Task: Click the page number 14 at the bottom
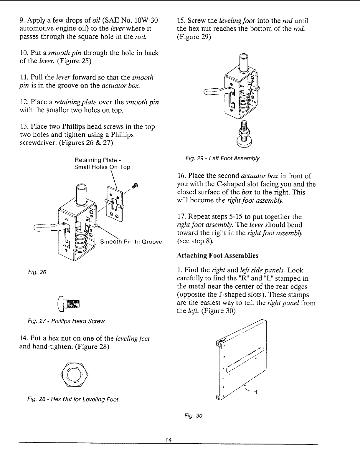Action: tap(169, 439)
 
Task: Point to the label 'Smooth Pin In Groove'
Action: tap(131, 242)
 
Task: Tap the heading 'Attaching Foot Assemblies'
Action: tap(217, 255)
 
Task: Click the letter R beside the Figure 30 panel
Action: tap(255, 392)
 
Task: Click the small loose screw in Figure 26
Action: tap(135, 185)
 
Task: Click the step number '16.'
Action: tap(181, 176)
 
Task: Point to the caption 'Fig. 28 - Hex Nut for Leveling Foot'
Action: tap(73, 399)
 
